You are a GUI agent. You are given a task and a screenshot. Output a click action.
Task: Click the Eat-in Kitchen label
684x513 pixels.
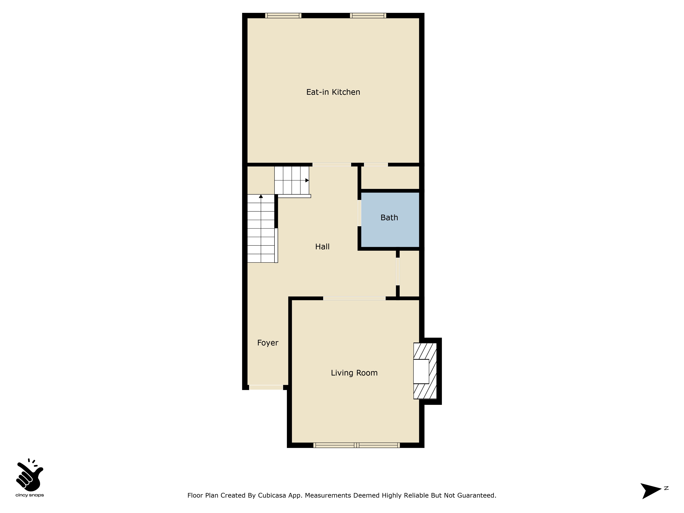(333, 92)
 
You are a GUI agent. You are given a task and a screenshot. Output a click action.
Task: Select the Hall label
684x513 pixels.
(322, 247)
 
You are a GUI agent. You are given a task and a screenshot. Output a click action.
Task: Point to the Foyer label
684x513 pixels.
(268, 343)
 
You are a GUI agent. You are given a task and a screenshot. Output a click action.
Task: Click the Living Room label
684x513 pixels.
(354, 373)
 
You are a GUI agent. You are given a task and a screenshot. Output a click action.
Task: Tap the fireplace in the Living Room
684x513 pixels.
(425, 371)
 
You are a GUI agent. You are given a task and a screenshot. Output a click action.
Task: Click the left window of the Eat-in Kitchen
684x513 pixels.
(283, 15)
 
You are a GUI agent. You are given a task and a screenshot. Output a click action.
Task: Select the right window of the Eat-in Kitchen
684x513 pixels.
(368, 15)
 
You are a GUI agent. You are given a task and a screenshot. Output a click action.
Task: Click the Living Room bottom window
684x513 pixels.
(357, 445)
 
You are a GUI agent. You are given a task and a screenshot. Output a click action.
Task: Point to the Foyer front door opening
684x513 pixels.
(266, 387)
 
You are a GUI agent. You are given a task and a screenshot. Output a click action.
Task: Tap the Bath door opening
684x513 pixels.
(359, 213)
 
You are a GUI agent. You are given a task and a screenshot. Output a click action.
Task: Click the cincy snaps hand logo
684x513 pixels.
(30, 475)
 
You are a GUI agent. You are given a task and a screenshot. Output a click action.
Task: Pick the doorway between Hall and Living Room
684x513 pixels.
(354, 298)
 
